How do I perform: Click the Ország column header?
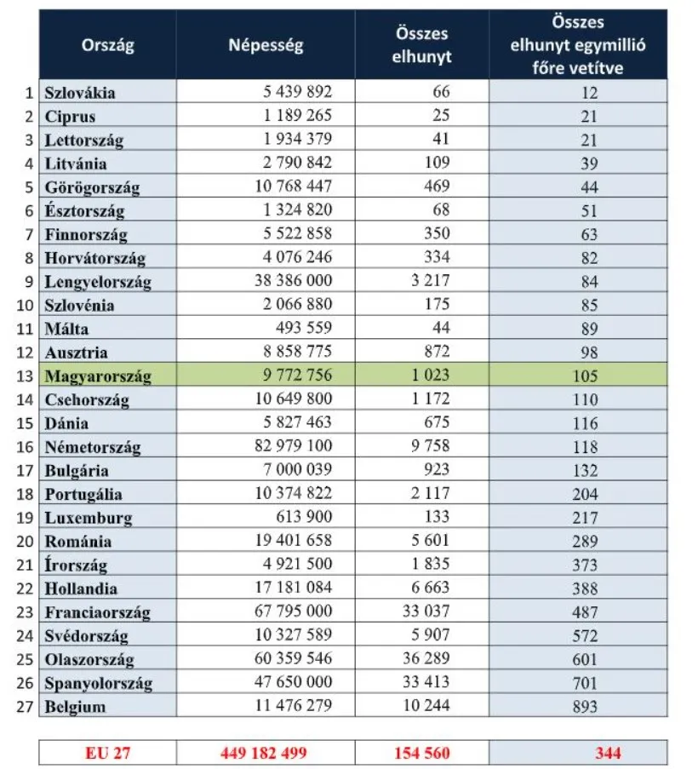tap(107, 45)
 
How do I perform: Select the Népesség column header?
tap(265, 45)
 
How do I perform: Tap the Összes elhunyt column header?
tap(423, 45)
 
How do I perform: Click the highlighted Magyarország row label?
tap(97, 376)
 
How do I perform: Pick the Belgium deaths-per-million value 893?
tap(585, 706)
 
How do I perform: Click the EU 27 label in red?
tap(107, 753)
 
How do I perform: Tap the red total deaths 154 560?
tap(423, 753)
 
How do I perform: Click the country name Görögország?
tap(92, 187)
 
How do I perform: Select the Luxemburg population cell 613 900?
tap(304, 517)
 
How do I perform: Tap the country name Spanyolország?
tap(99, 682)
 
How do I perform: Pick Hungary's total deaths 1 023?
tap(431, 376)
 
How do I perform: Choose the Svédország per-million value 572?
tap(585, 635)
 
